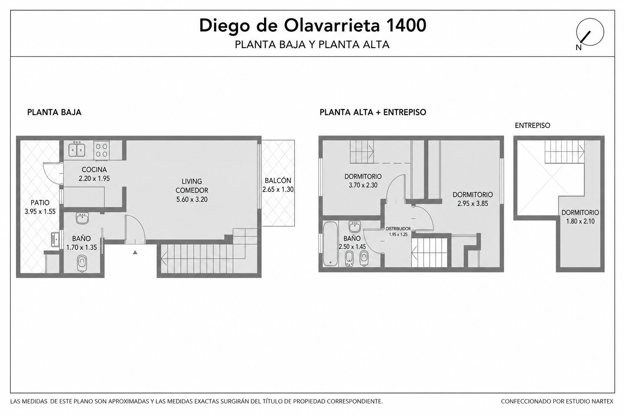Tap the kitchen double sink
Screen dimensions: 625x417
(x=77, y=149)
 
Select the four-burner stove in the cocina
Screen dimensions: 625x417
(x=102, y=150)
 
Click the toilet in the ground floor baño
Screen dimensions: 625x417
(x=81, y=263)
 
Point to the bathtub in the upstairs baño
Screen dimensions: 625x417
(x=331, y=243)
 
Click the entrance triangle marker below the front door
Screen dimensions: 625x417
(x=135, y=252)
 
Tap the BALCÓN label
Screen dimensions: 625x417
(x=278, y=181)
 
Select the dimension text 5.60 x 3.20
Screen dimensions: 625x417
(x=192, y=200)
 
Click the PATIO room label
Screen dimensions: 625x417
(x=40, y=202)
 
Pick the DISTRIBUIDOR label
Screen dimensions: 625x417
(x=398, y=229)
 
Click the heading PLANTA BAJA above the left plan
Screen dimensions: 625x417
(x=54, y=112)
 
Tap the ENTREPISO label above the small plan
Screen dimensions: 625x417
(x=532, y=125)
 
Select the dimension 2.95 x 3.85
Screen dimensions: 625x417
(x=473, y=204)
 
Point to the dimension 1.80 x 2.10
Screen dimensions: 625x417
(x=580, y=221)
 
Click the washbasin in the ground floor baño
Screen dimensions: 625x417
(x=82, y=218)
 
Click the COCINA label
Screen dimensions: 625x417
(x=94, y=169)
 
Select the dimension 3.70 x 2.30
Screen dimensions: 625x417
(x=363, y=185)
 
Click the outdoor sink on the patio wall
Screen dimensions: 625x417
(x=55, y=239)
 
